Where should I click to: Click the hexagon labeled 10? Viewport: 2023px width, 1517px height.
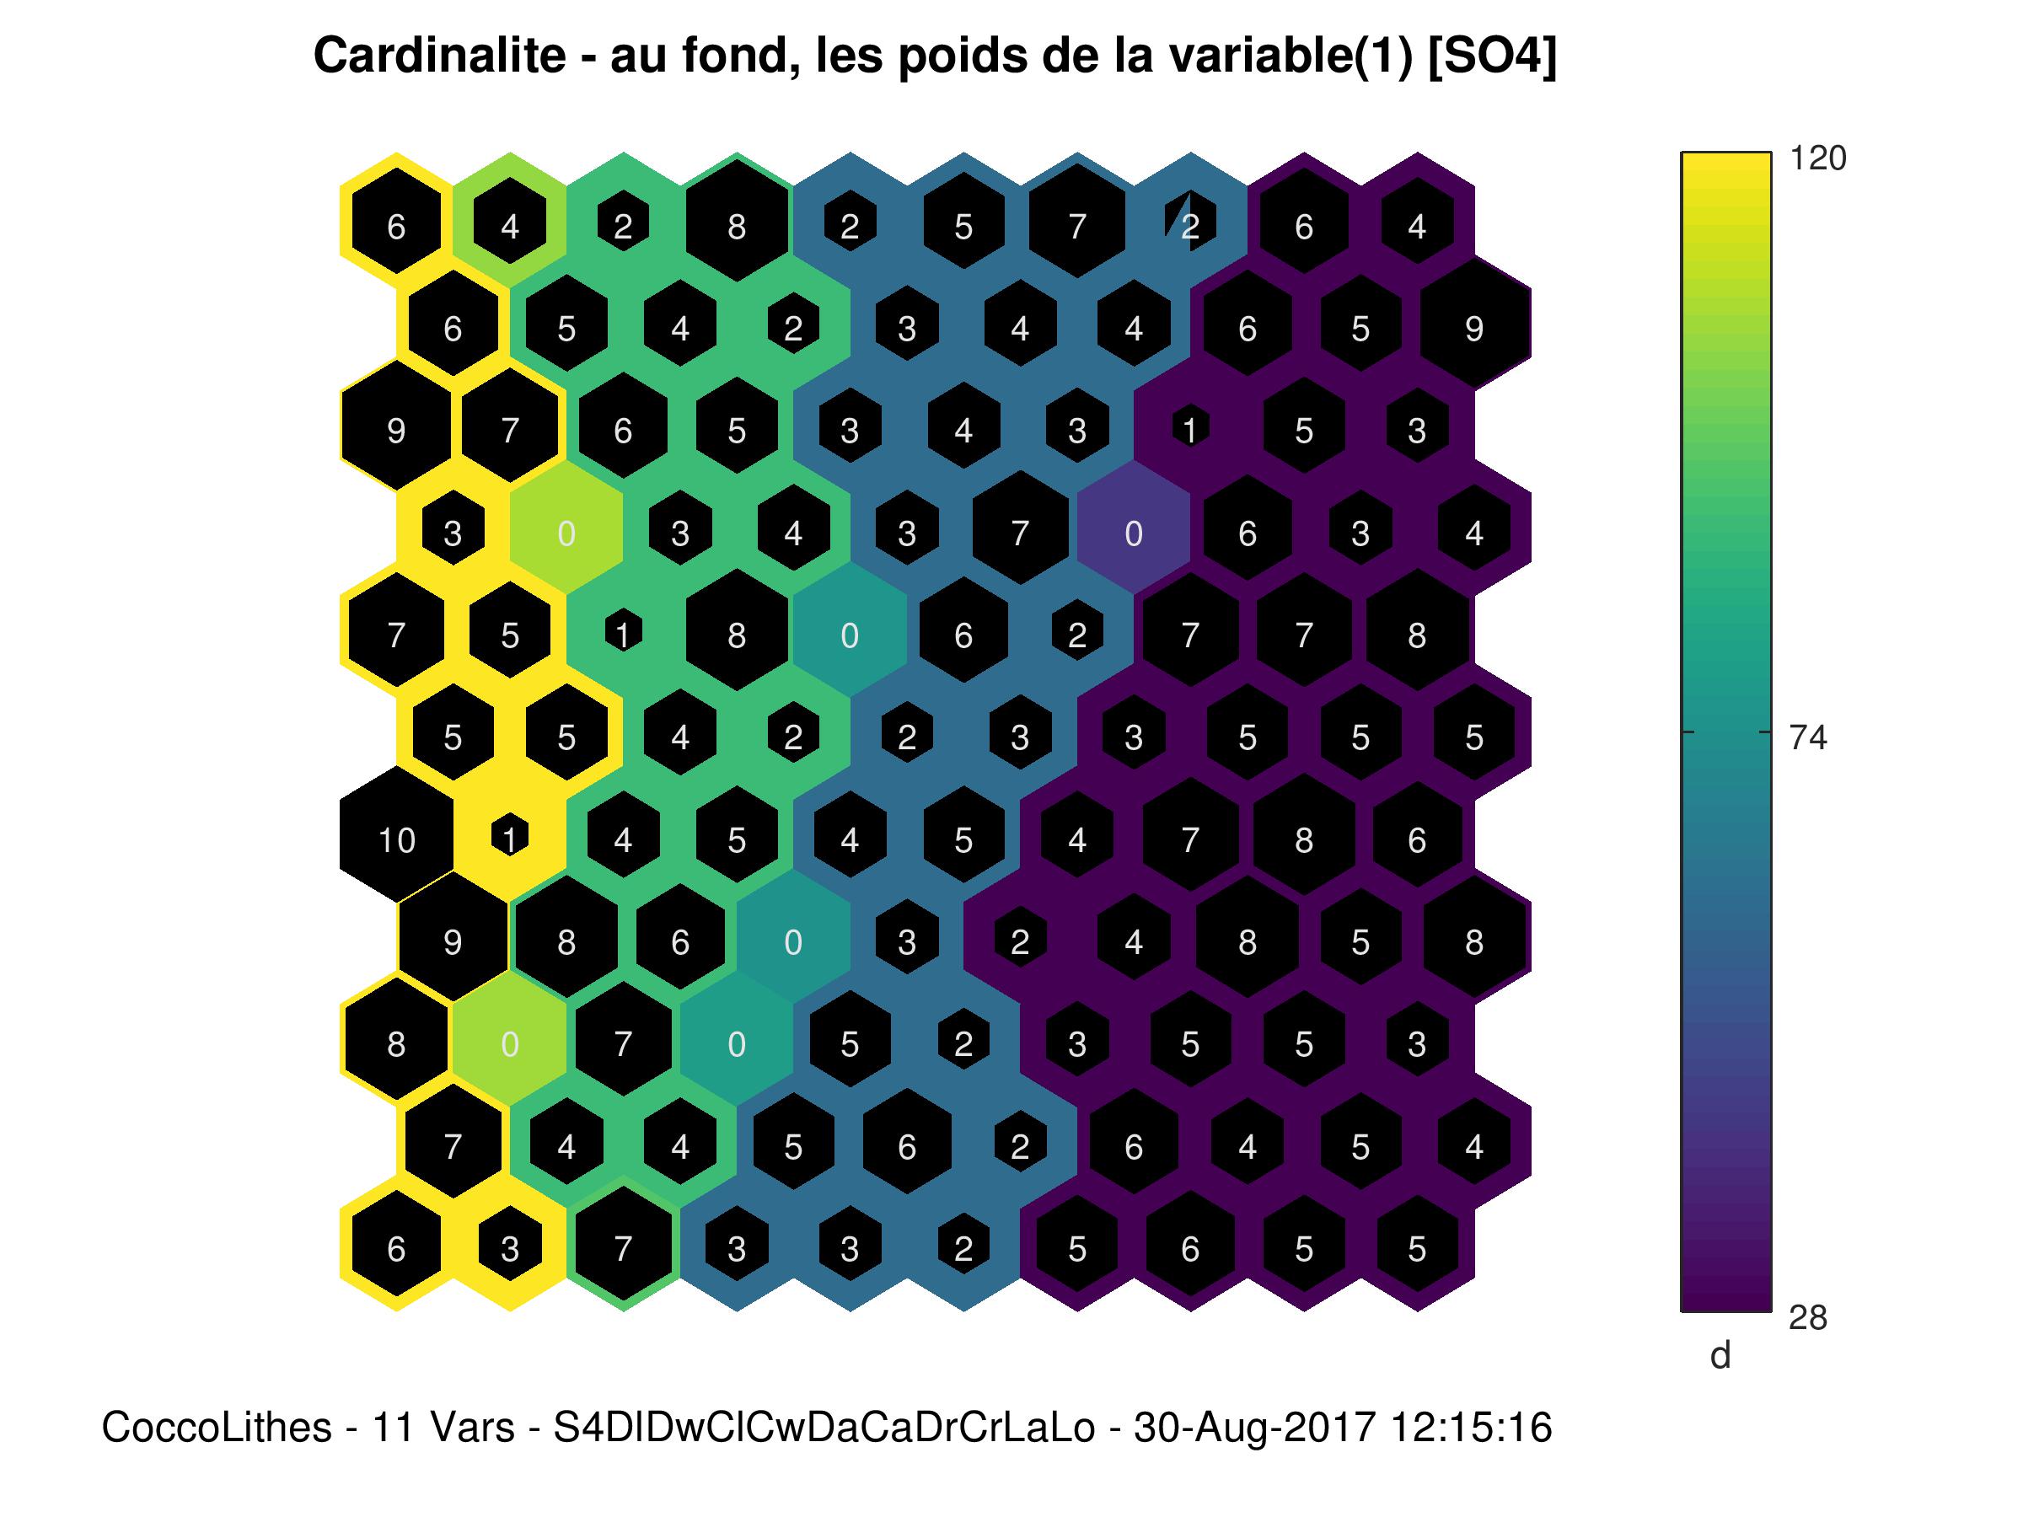(397, 839)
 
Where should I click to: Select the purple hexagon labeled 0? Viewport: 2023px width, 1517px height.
(1133, 533)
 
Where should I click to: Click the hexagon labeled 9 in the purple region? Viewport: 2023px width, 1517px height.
(1473, 329)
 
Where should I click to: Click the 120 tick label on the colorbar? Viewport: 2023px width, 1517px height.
(1817, 158)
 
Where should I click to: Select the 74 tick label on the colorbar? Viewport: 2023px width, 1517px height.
(1807, 737)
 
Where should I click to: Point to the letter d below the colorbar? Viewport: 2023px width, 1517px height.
(1720, 1355)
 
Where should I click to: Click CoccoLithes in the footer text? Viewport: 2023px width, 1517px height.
(216, 1427)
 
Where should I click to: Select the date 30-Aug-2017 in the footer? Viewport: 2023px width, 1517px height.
(1254, 1427)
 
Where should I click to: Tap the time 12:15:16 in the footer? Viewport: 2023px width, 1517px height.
(1471, 1427)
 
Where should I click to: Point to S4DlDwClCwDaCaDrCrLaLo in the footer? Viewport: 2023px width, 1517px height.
(824, 1427)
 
